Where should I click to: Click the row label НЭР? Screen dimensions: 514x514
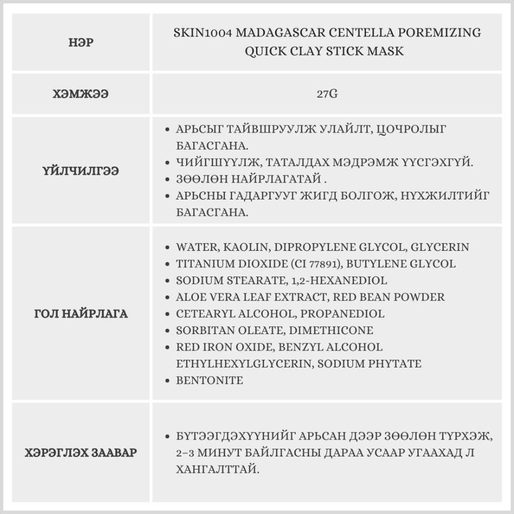(80, 43)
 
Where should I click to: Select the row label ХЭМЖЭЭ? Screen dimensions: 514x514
(80, 95)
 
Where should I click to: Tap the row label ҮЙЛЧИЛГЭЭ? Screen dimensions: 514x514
(80, 171)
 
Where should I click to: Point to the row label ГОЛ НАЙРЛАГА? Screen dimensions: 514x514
(80, 314)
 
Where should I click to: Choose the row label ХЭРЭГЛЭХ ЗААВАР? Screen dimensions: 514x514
(80, 453)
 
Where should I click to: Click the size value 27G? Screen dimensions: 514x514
(327, 95)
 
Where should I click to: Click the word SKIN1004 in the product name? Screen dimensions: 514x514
(200, 33)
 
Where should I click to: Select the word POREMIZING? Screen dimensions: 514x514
(442, 33)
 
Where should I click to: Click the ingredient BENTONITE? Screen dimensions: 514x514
(209, 381)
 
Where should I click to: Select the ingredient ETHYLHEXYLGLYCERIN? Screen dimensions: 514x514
(244, 364)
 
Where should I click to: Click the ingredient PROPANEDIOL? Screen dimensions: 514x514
(342, 314)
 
